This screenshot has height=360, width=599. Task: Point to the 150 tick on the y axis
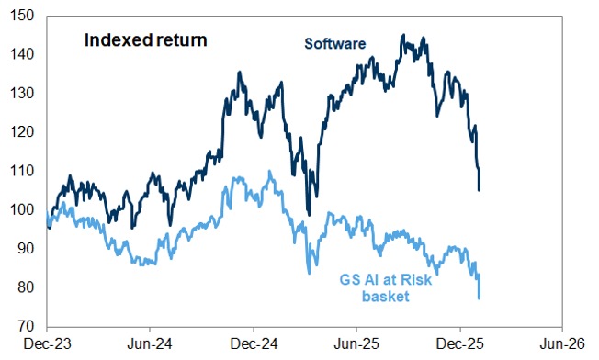[25, 16]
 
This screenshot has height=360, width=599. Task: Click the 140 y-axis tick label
[25, 54]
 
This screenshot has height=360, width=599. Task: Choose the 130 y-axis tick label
[25, 93]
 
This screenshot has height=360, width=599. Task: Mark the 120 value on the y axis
[25, 132]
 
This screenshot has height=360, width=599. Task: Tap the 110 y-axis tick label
[25, 171]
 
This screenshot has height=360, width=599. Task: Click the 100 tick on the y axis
[25, 209]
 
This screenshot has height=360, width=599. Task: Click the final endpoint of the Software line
[480, 189]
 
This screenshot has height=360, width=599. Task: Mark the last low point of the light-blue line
[480, 298]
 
